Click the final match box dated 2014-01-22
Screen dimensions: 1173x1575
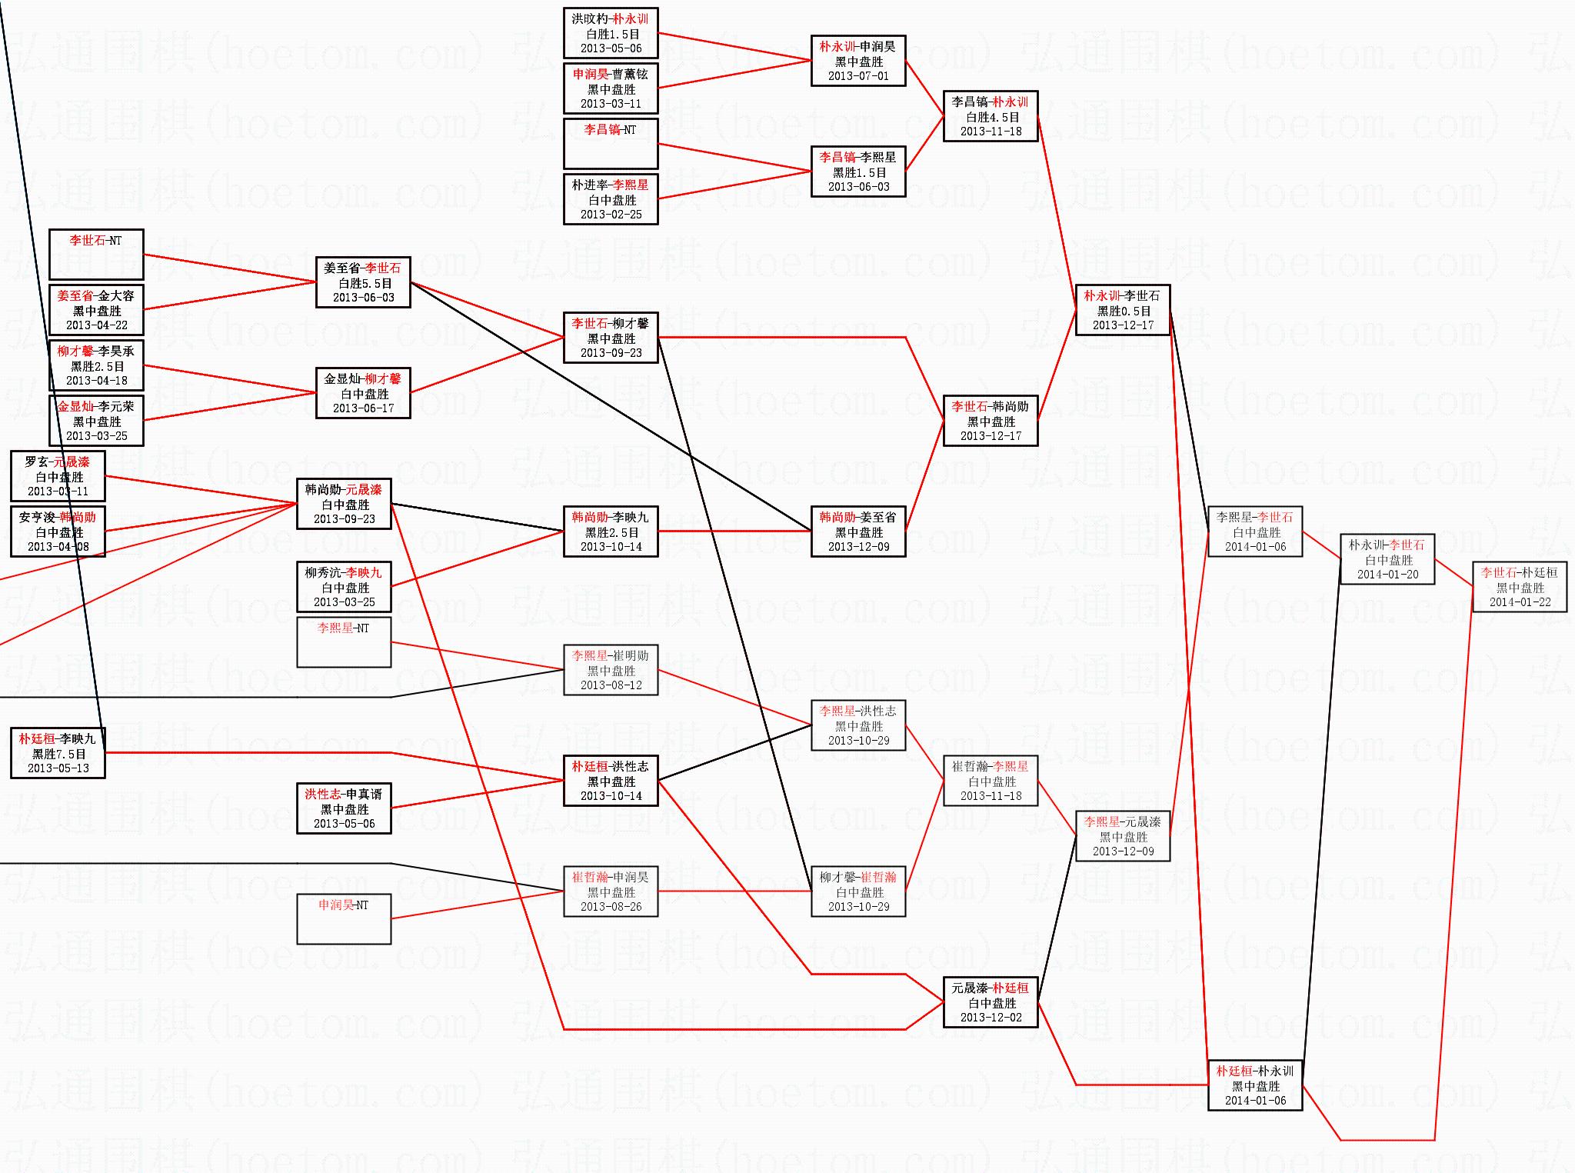(x=1520, y=587)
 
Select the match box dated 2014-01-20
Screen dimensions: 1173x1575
(x=1387, y=559)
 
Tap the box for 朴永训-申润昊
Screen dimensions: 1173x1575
(x=858, y=61)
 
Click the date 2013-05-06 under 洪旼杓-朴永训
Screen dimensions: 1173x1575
(x=611, y=48)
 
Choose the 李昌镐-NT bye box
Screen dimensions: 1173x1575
(x=611, y=143)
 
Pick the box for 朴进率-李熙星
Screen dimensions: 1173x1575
(x=611, y=199)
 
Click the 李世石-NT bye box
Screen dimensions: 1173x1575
(x=96, y=255)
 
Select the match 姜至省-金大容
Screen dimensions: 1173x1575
(x=96, y=310)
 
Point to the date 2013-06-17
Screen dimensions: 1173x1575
(x=363, y=408)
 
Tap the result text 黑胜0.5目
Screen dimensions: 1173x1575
(x=1124, y=311)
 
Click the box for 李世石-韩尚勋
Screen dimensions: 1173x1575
(x=991, y=421)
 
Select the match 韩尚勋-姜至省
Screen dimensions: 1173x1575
(x=858, y=532)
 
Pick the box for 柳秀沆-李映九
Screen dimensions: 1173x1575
(x=344, y=587)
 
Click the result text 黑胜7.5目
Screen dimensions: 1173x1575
(x=58, y=754)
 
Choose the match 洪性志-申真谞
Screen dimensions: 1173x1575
(x=344, y=808)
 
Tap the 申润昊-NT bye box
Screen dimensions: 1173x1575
(x=344, y=918)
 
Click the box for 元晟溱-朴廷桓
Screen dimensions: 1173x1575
(x=991, y=1002)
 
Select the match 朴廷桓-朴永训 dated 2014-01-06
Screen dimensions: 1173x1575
(x=1255, y=1085)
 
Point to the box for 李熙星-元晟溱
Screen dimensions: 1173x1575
(x=1123, y=836)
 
